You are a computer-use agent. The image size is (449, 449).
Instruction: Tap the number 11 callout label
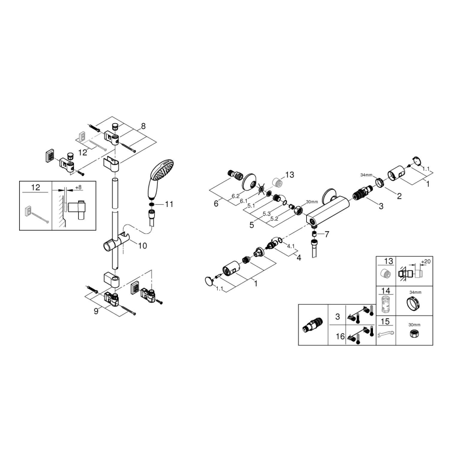169,205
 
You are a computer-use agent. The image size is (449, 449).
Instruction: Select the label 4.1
291,246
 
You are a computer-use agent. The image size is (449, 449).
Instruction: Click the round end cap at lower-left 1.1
208,281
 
